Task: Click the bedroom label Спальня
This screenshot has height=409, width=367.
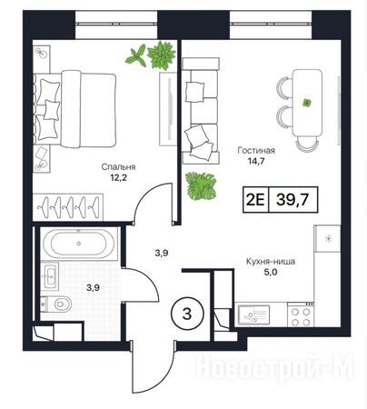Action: point(118,166)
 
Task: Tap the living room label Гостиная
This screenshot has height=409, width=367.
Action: point(256,151)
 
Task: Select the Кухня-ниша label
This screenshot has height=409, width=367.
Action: point(271,261)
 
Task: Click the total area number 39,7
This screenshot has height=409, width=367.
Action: point(293,200)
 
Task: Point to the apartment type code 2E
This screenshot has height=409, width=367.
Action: point(255,200)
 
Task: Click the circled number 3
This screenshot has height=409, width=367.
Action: point(188,314)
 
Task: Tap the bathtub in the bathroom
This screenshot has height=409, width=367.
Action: point(79,244)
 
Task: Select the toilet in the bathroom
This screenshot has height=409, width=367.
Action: point(56,304)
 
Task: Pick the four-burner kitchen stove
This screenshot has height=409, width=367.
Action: point(302,316)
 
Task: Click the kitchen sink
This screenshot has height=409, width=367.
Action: point(253,315)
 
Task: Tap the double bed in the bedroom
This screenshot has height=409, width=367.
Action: point(74,109)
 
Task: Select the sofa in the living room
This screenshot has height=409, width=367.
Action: point(201,111)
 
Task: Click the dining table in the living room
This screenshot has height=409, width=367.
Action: point(307,103)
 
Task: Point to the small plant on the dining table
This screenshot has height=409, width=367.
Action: point(307,103)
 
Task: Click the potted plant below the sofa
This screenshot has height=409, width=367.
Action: point(201,186)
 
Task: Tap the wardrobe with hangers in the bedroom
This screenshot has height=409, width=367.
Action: point(68,206)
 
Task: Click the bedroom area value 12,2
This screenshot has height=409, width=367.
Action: point(118,177)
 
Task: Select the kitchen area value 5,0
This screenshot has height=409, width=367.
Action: point(271,272)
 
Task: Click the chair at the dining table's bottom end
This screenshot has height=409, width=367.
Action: point(307,144)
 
